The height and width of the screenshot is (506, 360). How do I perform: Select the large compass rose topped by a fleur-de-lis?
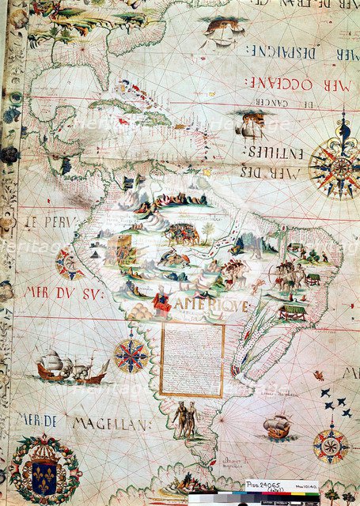tap(341, 164)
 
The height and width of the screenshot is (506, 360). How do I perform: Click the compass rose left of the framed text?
tap(131, 355)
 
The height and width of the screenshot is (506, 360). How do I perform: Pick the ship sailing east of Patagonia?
tap(277, 427)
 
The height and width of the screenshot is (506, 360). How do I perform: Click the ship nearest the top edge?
tap(221, 31)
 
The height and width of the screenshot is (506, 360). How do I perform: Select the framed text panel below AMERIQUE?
tap(192, 360)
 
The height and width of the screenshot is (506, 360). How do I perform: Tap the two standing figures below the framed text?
tap(184, 418)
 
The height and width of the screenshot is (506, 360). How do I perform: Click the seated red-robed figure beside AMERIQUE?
tap(161, 301)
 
